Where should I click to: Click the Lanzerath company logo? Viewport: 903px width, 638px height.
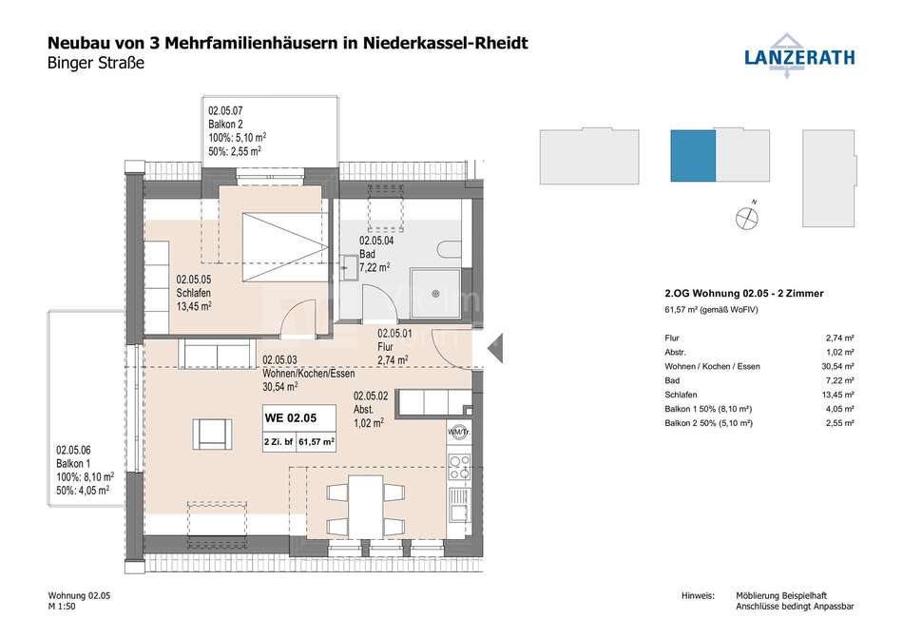(798, 55)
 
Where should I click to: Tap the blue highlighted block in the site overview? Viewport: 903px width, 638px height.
(693, 156)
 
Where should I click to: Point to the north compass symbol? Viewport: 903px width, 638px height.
(747, 217)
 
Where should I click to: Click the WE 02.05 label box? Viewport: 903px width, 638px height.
(298, 429)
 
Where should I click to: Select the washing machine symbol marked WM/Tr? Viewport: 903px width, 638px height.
(459, 432)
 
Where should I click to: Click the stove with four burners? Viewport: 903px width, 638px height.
(459, 467)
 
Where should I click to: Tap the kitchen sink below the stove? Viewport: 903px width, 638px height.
(459, 505)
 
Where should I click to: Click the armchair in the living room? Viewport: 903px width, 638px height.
(213, 435)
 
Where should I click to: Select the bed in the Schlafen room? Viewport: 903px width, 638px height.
(285, 247)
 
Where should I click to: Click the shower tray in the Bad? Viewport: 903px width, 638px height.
(436, 294)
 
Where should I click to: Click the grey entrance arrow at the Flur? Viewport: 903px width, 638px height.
(495, 348)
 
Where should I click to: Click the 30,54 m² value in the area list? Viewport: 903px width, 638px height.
(839, 366)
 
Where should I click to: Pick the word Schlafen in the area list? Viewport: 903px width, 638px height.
(681, 395)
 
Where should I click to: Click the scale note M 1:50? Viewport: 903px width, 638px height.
(62, 606)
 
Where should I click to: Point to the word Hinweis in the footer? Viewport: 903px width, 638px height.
(698, 595)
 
